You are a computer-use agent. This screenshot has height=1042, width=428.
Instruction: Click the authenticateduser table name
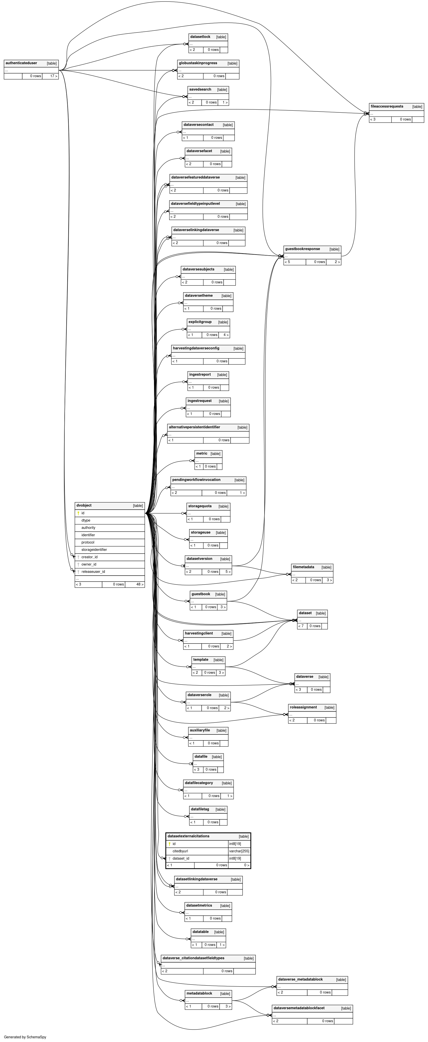pyautogui.click(x=21, y=63)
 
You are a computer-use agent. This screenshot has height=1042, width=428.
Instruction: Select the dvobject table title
pyautogui.click(x=84, y=505)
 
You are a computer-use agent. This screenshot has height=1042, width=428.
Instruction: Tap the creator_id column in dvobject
pyautogui.click(x=89, y=557)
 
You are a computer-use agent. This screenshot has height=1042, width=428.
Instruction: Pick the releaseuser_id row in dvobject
pyautogui.click(x=93, y=572)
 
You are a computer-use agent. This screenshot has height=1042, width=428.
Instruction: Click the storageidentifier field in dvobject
pyautogui.click(x=94, y=550)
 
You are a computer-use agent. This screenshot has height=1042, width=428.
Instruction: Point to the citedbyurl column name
pyautogui.click(x=180, y=851)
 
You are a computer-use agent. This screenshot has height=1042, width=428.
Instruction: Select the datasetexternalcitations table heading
pyautogui.click(x=188, y=836)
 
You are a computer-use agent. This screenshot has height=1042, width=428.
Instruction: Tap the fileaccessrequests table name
pyautogui.click(x=387, y=106)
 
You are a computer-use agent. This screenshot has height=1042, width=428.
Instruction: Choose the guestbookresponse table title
pyautogui.click(x=302, y=249)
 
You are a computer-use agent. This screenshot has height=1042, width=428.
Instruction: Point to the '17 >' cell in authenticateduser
pyautogui.click(x=53, y=76)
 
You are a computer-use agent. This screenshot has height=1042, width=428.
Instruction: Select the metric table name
pyautogui.click(x=202, y=453)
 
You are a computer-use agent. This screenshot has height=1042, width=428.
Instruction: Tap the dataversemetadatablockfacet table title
pyautogui.click(x=299, y=1008)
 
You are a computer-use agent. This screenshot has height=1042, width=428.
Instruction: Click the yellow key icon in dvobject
pyautogui.click(x=78, y=513)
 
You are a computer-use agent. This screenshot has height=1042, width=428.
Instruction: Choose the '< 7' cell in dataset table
pyautogui.click(x=301, y=626)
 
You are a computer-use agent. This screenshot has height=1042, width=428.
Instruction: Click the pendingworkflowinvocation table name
pyautogui.click(x=196, y=480)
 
